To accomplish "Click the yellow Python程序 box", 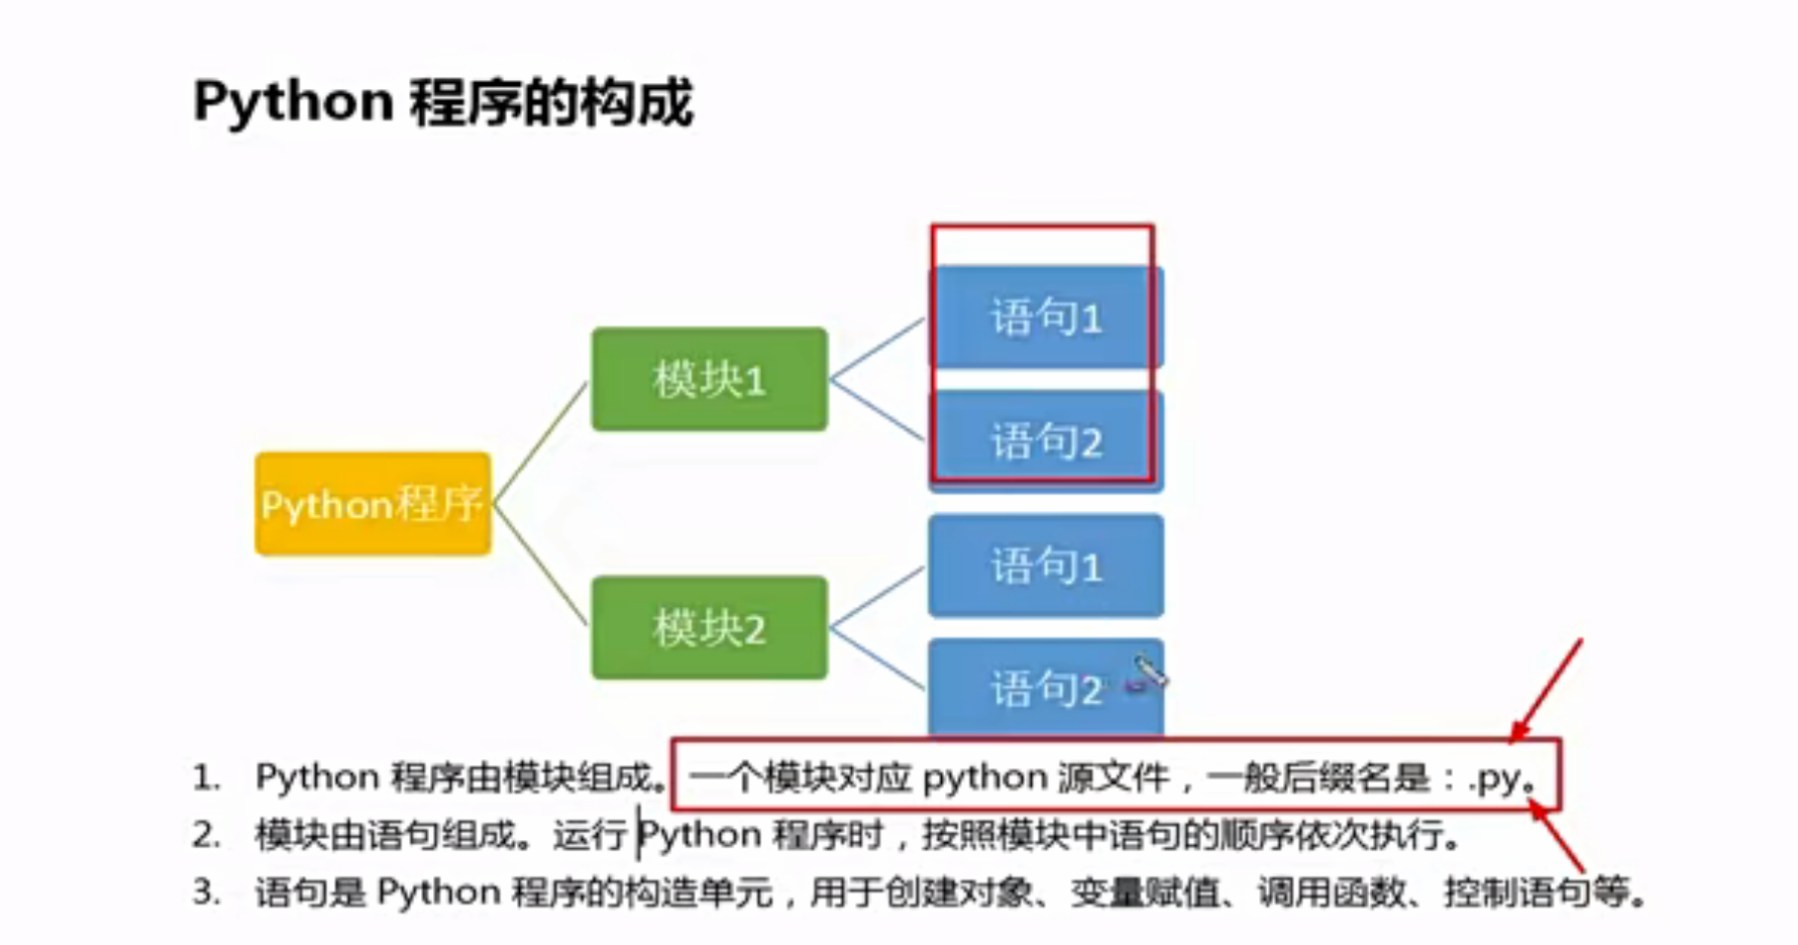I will (373, 504).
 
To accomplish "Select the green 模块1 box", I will (709, 380).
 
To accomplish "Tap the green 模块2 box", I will (709, 628).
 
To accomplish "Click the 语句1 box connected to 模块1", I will (1045, 317).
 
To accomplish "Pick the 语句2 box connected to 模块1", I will (1045, 441).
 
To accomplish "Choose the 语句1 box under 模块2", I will (1045, 566).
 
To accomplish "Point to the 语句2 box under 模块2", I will (1045, 689).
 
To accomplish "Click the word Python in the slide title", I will (294, 103).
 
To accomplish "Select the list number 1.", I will (205, 778).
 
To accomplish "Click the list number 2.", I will (206, 835).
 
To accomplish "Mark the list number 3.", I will (206, 893).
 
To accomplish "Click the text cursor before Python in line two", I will (639, 835).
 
